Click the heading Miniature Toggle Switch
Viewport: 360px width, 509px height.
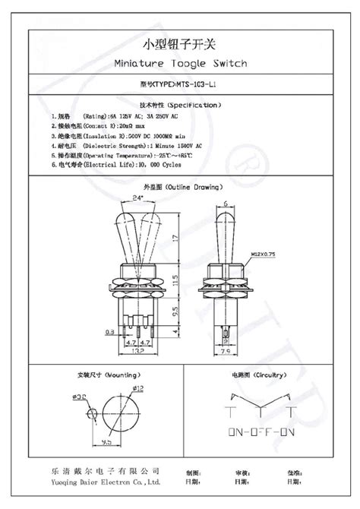pyautogui.click(x=179, y=64)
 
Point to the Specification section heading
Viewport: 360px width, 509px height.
pyautogui.click(x=180, y=104)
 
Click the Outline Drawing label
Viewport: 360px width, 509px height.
pyautogui.click(x=180, y=186)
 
